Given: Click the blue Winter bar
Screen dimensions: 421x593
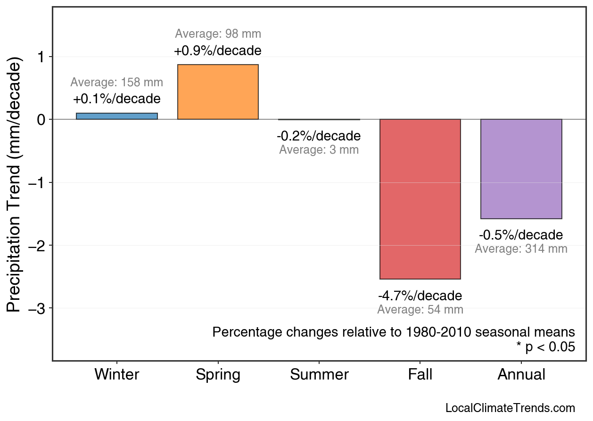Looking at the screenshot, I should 117,116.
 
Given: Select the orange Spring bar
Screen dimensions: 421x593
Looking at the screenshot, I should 218,92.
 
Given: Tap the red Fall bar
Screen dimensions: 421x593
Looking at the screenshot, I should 420,199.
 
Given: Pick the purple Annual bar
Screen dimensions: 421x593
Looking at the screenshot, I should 521,169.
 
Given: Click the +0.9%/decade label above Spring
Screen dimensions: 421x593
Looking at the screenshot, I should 217,50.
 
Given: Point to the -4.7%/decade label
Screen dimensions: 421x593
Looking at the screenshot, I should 420,296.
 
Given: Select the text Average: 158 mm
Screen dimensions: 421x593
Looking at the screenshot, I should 117,83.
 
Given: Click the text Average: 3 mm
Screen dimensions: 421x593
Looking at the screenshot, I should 319,150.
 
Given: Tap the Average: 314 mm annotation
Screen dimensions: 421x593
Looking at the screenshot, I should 521,248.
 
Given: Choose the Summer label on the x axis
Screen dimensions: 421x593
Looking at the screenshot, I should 319,375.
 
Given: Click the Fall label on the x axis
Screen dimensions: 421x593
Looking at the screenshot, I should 420,375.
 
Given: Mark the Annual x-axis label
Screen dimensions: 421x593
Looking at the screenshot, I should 521,375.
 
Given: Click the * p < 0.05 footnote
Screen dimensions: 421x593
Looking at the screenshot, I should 545,347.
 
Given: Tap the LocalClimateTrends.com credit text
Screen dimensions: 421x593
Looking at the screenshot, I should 510,408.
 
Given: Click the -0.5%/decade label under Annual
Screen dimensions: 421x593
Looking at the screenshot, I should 521,235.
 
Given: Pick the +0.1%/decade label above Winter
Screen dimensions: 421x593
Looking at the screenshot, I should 117,99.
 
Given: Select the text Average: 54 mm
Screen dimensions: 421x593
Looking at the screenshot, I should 420,310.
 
